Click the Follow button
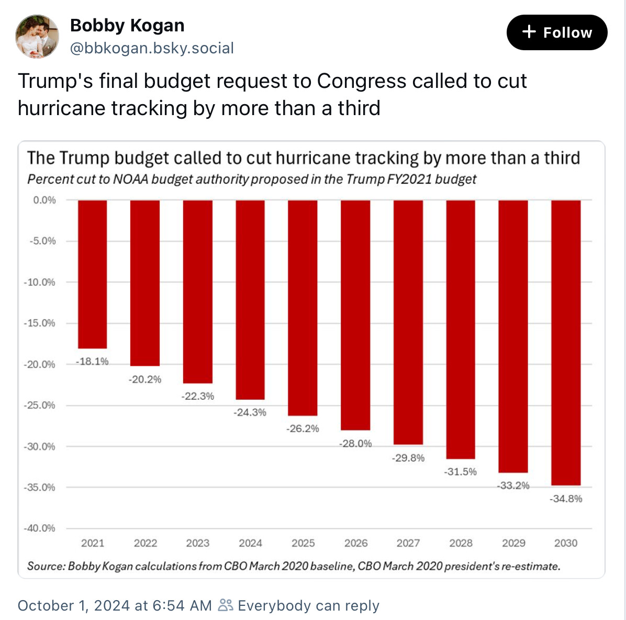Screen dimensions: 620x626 (556, 32)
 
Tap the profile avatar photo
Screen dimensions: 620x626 (37, 36)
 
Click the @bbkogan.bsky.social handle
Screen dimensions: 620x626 (152, 48)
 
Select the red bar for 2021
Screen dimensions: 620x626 (93, 274)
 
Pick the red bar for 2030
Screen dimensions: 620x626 (566, 343)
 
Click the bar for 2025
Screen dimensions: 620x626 (303, 308)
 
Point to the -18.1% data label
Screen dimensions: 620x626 (93, 362)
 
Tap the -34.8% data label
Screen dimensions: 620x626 (566, 499)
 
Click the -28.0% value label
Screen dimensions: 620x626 (355, 444)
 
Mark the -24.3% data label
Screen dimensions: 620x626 (250, 412)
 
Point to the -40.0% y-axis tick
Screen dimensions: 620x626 (39, 528)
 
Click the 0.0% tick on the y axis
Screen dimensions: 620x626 (44, 200)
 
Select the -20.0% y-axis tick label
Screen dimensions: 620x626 (39, 365)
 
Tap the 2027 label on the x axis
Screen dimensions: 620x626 (408, 543)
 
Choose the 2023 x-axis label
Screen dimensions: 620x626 (198, 543)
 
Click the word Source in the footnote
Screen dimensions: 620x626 (45, 566)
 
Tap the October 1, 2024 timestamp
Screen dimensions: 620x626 (115, 605)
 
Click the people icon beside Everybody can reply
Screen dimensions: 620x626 (226, 605)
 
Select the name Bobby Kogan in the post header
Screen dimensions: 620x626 (127, 25)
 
